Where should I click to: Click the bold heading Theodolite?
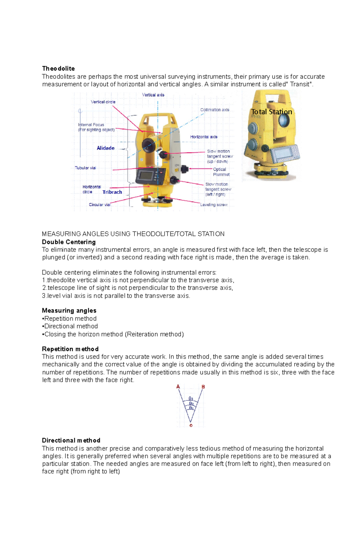[58, 68]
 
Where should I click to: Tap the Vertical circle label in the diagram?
[103, 102]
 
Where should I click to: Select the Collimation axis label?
[214, 110]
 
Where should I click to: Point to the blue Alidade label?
[106, 148]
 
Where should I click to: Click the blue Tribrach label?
[112, 192]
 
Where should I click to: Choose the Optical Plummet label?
[221, 172]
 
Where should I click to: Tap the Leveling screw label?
[214, 205]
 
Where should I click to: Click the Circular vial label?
[100, 205]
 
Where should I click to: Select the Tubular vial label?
[85, 168]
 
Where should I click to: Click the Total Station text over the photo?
[271, 112]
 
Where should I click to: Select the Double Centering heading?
[69, 242]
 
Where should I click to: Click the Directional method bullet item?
[71, 326]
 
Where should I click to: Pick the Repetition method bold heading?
[70, 349]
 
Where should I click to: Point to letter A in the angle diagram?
[178, 387]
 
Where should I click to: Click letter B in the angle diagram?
[203, 387]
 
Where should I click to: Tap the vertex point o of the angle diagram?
[191, 425]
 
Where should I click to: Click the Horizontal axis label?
[204, 137]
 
